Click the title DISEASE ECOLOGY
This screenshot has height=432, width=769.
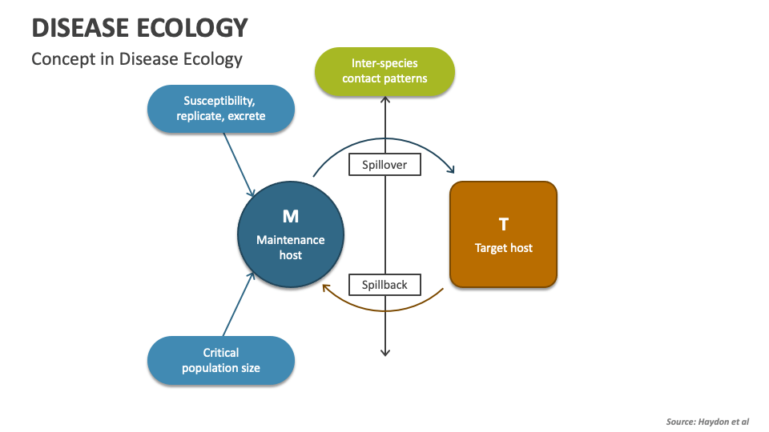(x=139, y=27)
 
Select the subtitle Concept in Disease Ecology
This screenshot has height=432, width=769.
(x=136, y=59)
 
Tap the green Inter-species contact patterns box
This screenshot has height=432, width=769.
(x=384, y=71)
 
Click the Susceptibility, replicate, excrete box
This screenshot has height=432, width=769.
(x=221, y=109)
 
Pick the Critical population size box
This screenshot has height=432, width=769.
(x=221, y=360)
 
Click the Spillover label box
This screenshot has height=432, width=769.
(x=384, y=165)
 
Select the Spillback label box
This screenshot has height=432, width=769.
(x=384, y=284)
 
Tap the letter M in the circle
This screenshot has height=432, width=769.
(x=290, y=217)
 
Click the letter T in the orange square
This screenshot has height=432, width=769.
(x=503, y=225)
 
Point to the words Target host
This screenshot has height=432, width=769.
(x=503, y=248)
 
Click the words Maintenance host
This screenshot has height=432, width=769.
(x=290, y=247)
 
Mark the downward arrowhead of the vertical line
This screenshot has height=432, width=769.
(x=385, y=352)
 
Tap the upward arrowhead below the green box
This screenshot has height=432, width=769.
(x=385, y=100)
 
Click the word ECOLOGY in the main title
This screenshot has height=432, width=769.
(x=193, y=27)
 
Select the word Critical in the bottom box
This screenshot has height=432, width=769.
(x=221, y=352)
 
